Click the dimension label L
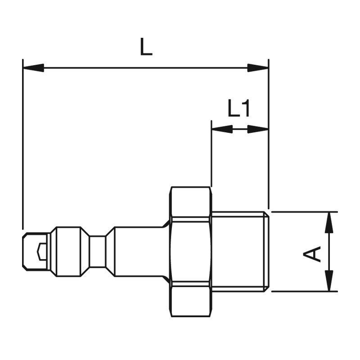(146, 46)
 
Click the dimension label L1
(239, 108)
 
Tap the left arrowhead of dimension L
(33, 68)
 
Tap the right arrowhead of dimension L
(258, 68)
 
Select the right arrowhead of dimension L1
(258, 129)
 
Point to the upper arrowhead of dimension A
(329, 222)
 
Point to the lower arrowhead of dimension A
(329, 280)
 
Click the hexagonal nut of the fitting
(190, 252)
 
